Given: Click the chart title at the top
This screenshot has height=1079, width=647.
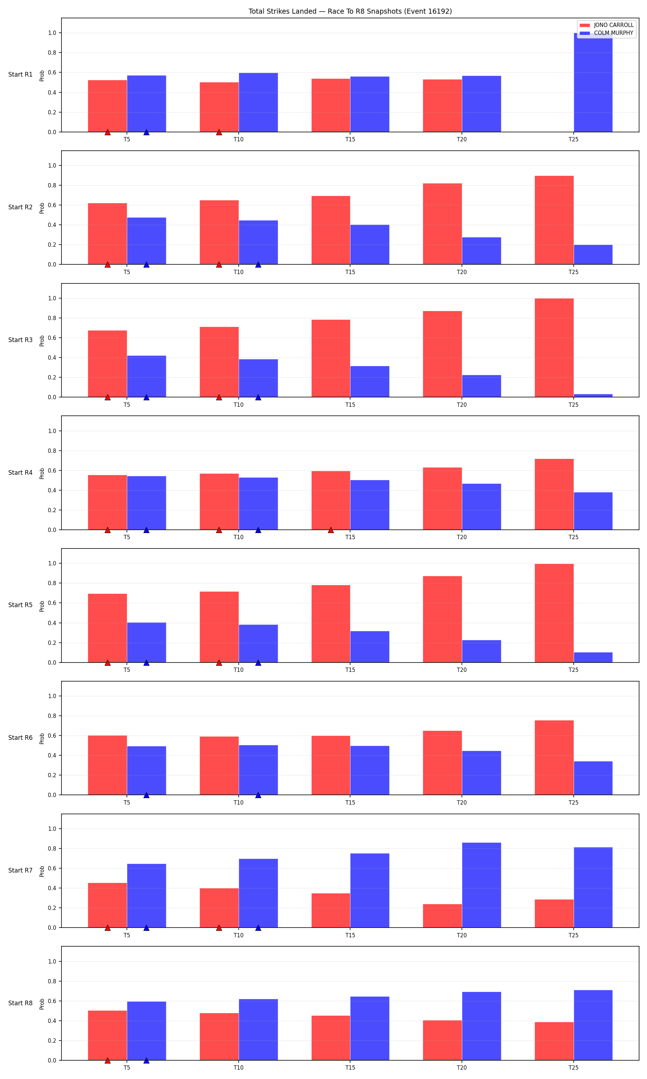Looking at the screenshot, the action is click(350, 12).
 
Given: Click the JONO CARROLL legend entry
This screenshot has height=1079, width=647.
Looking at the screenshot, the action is click(606, 25).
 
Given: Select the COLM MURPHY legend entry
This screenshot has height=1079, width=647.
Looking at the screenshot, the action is click(606, 33).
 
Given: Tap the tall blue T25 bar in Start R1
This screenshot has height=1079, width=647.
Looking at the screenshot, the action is click(593, 82).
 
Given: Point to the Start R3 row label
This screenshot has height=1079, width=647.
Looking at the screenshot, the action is click(20, 340).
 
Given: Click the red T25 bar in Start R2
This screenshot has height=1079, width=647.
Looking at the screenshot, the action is click(554, 220).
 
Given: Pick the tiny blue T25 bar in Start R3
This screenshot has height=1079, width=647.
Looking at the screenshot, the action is click(593, 396).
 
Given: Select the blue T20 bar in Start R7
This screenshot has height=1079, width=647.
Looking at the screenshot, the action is click(481, 885).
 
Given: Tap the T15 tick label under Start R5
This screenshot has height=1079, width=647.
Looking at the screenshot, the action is click(350, 670).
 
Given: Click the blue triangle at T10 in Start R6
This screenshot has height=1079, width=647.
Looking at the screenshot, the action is click(258, 795).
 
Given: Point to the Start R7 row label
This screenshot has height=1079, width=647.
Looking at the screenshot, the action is click(20, 870).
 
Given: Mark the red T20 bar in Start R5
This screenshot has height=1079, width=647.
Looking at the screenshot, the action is click(442, 619).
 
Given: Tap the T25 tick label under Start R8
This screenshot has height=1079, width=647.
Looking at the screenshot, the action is click(573, 1067).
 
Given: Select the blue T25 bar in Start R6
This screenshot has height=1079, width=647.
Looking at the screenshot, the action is click(593, 778).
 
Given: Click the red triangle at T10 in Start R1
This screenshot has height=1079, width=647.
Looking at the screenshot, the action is click(219, 132).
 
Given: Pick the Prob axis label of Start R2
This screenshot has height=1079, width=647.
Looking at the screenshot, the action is click(42, 208).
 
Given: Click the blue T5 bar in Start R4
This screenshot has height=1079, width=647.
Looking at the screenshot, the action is click(147, 503).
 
